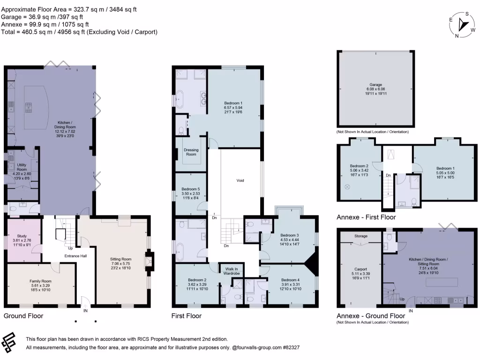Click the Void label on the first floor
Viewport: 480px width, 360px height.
click(x=240, y=180)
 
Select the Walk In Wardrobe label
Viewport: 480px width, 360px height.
click(x=232, y=271)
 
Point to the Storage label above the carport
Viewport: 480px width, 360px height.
click(x=361, y=236)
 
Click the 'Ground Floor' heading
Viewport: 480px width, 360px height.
click(x=23, y=316)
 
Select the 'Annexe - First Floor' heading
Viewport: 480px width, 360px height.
click(x=366, y=217)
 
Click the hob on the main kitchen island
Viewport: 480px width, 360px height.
click(x=29, y=108)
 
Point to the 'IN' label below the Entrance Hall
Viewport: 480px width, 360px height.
click(x=85, y=311)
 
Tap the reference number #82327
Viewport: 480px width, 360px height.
click(x=291, y=347)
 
